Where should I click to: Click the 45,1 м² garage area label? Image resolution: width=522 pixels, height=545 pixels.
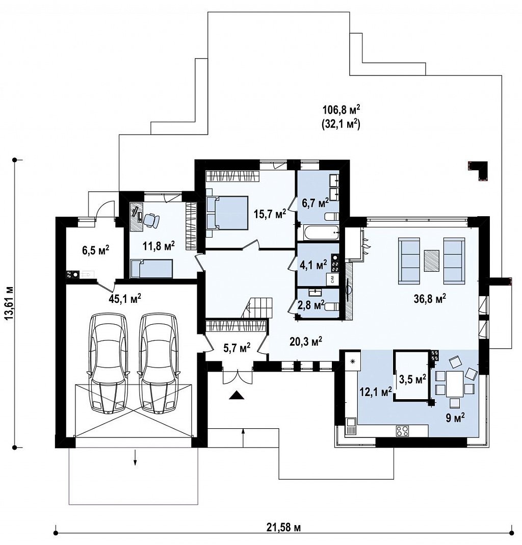click(125, 299)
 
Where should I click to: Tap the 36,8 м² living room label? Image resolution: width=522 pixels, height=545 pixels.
click(430, 299)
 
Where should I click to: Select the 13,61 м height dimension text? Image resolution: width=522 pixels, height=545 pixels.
click(10, 302)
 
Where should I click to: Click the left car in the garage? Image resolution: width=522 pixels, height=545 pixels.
click(109, 363)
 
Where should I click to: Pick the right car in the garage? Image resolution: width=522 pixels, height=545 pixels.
click(158, 363)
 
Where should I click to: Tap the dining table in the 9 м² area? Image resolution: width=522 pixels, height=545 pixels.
click(455, 383)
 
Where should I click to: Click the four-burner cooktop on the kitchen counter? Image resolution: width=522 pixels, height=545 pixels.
click(402, 431)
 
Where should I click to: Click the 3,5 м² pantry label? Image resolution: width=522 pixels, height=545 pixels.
click(412, 379)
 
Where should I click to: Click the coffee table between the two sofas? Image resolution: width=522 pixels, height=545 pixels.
click(431, 261)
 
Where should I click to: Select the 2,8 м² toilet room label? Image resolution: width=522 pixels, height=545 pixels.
click(311, 305)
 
